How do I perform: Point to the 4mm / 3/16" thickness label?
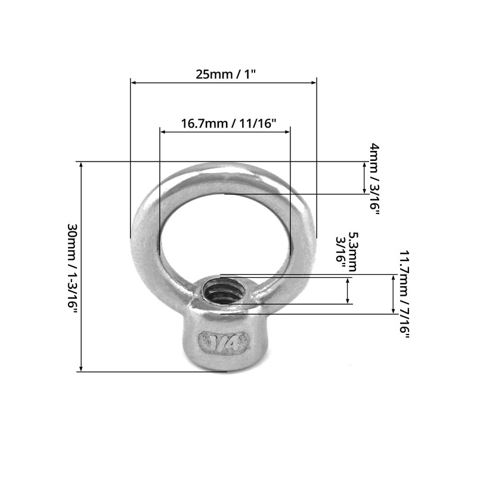374,179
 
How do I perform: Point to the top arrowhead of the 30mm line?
81,165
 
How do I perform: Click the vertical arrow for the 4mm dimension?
364,177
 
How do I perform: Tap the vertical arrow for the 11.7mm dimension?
393,294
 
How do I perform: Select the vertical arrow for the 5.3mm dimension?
348,290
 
